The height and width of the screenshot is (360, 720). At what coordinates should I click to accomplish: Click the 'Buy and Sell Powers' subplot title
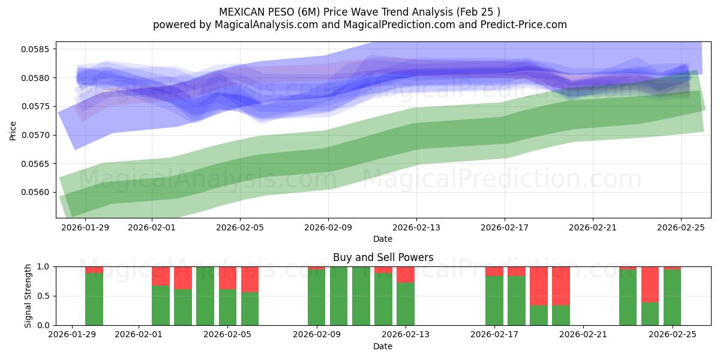click(x=383, y=257)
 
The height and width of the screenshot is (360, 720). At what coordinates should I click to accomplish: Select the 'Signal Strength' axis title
click(x=28, y=296)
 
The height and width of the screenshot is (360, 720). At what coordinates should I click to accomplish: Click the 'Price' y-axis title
click(x=13, y=130)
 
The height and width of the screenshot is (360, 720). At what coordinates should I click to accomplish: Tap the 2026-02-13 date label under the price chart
click(x=416, y=227)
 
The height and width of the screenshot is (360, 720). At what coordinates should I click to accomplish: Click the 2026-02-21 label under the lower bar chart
click(x=583, y=334)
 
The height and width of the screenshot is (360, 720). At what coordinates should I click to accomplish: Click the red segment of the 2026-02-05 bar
click(x=227, y=278)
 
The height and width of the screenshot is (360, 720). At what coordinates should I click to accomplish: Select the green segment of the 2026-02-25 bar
click(x=672, y=297)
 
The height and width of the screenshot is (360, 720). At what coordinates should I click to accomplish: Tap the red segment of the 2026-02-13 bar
click(x=406, y=274)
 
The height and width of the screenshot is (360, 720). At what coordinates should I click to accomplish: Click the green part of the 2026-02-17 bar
click(x=494, y=300)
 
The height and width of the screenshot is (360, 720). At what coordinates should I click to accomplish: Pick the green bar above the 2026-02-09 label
click(x=316, y=297)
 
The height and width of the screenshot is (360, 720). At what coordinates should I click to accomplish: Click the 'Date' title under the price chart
click(x=383, y=239)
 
